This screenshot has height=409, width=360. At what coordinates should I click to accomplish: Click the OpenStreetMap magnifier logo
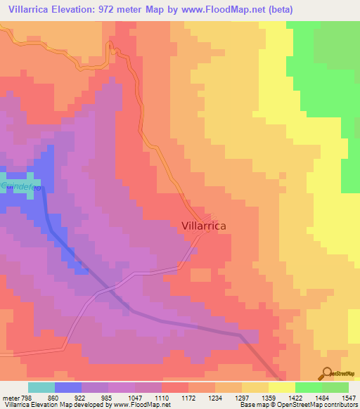click(326, 373)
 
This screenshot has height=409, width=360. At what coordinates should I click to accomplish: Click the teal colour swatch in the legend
click(41, 387)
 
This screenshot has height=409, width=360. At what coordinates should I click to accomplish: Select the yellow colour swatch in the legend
click(282, 387)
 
